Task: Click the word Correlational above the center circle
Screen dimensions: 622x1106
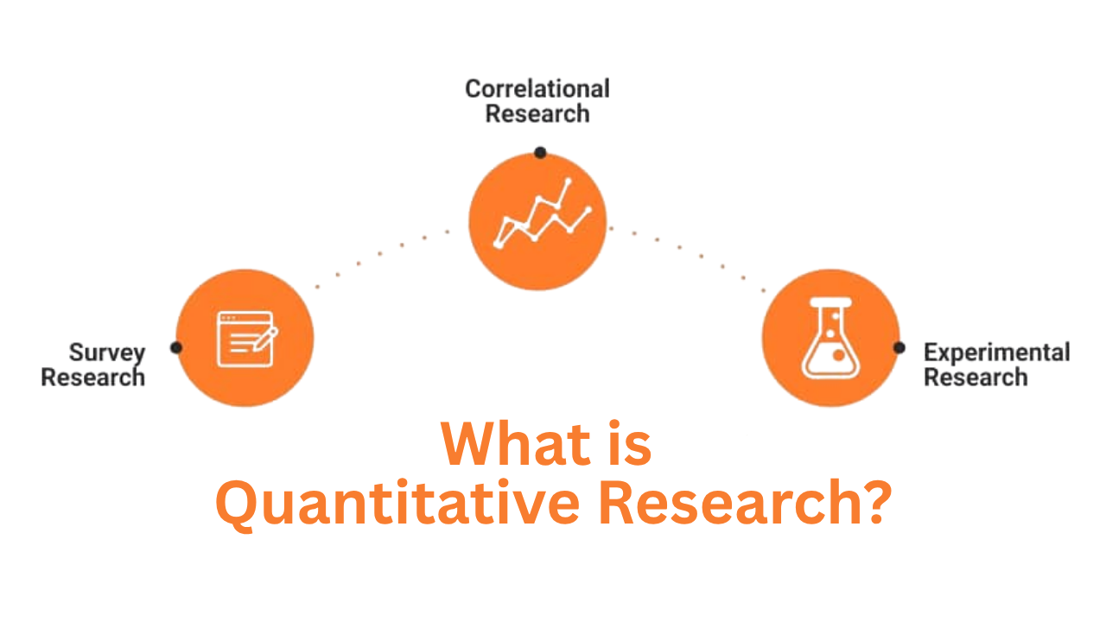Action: tap(537, 89)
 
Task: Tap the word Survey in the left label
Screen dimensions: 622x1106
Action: tap(107, 352)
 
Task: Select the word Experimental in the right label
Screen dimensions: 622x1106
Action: tap(996, 352)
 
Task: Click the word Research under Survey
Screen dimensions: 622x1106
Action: tap(93, 378)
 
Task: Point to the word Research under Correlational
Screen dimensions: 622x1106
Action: tap(537, 114)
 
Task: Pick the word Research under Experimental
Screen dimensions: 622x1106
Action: tap(976, 378)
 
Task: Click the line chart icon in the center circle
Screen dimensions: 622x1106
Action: tap(541, 216)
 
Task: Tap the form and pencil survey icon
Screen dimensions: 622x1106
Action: tap(245, 340)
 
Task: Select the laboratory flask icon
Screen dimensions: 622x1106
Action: tap(830, 339)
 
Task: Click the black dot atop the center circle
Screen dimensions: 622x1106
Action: tap(540, 153)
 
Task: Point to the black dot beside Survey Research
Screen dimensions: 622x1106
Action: tap(176, 347)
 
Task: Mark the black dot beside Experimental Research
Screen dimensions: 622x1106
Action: tap(899, 347)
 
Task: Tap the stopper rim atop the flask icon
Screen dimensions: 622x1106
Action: tap(830, 302)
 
